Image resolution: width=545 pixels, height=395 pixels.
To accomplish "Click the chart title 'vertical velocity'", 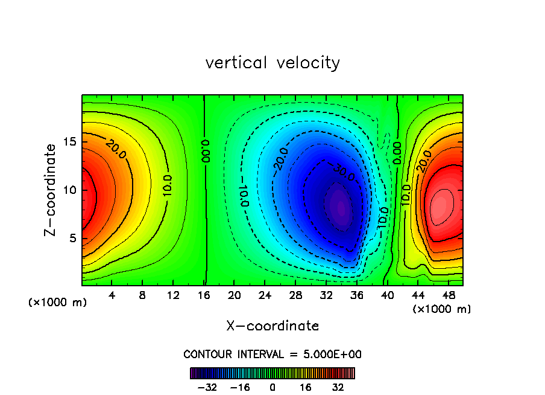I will click(x=272, y=63).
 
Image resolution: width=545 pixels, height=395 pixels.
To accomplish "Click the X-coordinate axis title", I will click(x=272, y=326).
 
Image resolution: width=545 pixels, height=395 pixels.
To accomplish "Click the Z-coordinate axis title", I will click(x=52, y=190).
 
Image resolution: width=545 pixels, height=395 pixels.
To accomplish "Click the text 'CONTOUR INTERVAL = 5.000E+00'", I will click(x=272, y=354).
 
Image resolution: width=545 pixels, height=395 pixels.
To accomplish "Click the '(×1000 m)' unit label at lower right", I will click(x=441, y=309).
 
